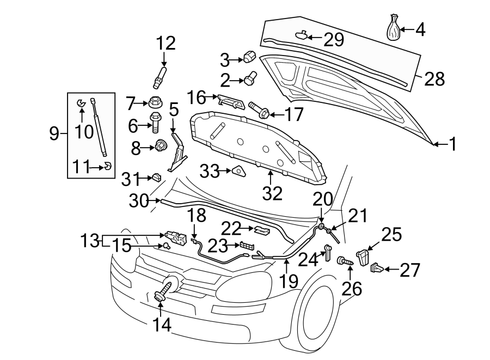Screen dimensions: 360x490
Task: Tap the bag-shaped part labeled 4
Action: pos(394,28)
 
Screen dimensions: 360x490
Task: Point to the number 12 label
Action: pos(167,42)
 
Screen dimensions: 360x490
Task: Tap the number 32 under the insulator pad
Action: pos(273,193)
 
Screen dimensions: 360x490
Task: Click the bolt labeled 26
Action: pos(346,262)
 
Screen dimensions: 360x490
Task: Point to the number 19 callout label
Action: pos(290,281)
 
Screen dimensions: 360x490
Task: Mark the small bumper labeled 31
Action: pos(155,177)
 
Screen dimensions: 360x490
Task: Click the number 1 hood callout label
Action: pos(452,144)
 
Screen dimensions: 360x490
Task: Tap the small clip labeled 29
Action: pos(301,36)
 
